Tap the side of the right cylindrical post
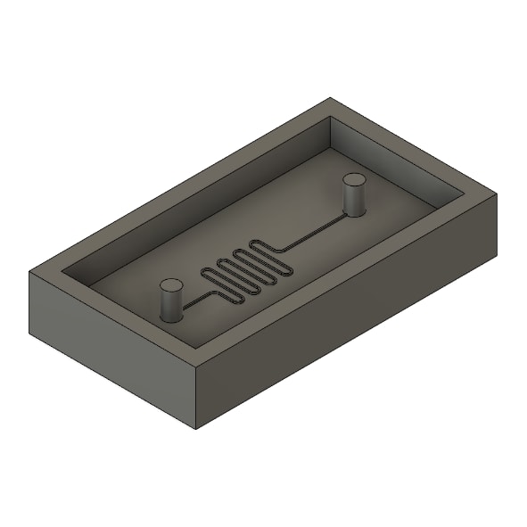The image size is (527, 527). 355,201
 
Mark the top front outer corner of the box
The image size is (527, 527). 196,366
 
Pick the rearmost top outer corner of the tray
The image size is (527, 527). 331,98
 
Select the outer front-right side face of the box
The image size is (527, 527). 348,312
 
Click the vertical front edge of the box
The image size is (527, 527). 196,398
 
